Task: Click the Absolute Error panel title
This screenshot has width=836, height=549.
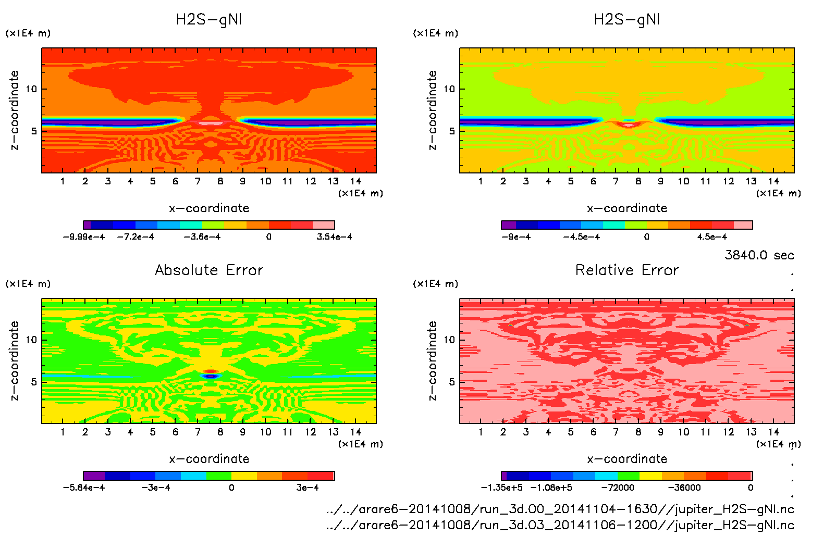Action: [x=209, y=270]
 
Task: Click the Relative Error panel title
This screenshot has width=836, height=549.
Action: [x=627, y=270]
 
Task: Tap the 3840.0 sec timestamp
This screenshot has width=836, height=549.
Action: [x=759, y=255]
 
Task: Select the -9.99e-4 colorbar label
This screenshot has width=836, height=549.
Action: [x=83, y=237]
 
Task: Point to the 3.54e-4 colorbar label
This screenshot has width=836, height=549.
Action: [x=334, y=237]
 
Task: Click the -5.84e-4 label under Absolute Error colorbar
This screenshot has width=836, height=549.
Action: [x=83, y=488]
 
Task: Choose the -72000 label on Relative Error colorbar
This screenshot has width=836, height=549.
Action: [x=618, y=488]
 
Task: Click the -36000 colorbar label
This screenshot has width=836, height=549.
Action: [x=684, y=488]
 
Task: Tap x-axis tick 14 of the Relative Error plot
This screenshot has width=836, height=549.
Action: [x=773, y=432]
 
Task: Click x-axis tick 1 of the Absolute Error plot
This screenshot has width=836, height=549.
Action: [x=63, y=432]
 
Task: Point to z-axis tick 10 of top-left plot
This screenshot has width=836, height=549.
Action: [x=32, y=89]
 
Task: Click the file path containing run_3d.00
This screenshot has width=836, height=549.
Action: [x=560, y=509]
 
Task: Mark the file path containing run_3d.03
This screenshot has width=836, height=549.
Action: [x=560, y=525]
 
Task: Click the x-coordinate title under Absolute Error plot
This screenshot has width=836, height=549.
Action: [x=209, y=459]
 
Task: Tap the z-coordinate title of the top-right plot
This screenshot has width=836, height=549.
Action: [x=432, y=110]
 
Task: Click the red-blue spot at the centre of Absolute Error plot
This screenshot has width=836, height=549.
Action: [x=210, y=375]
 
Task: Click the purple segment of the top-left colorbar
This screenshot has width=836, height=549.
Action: [x=87, y=225]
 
